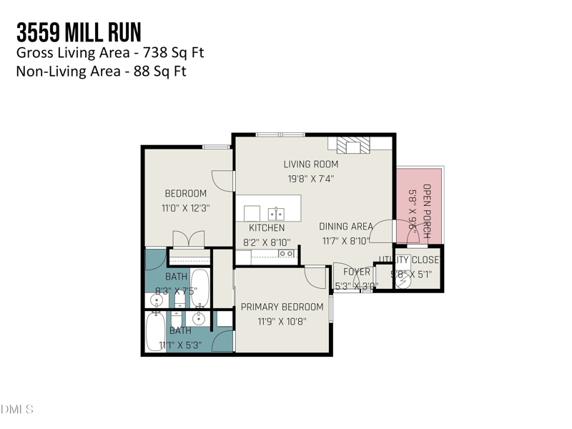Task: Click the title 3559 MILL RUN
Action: [x=79, y=32]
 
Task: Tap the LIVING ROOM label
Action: [x=310, y=164]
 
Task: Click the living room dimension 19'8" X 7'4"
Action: [x=310, y=179]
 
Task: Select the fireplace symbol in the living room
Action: [x=350, y=146]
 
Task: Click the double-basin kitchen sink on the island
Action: [x=275, y=213]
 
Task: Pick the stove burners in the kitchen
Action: [x=286, y=253]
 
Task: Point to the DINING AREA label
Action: [x=346, y=227]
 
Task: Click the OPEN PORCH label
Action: [x=427, y=206]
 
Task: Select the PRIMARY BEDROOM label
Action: [x=283, y=307]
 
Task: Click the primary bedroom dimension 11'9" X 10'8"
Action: [x=283, y=322]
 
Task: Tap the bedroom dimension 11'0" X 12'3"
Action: [x=185, y=208]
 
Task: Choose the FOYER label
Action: [x=357, y=272]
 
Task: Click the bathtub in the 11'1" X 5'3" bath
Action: [x=154, y=332]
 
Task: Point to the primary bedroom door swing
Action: [x=315, y=275]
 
